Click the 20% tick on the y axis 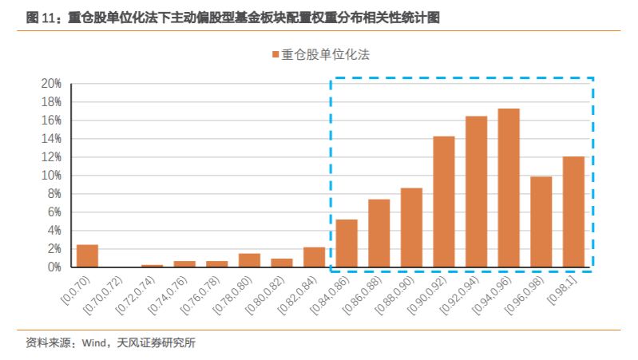pos(50,84)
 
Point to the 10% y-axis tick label pos(50,176)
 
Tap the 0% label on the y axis pos(53,267)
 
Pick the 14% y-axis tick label pos(50,139)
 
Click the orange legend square pos(275,55)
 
